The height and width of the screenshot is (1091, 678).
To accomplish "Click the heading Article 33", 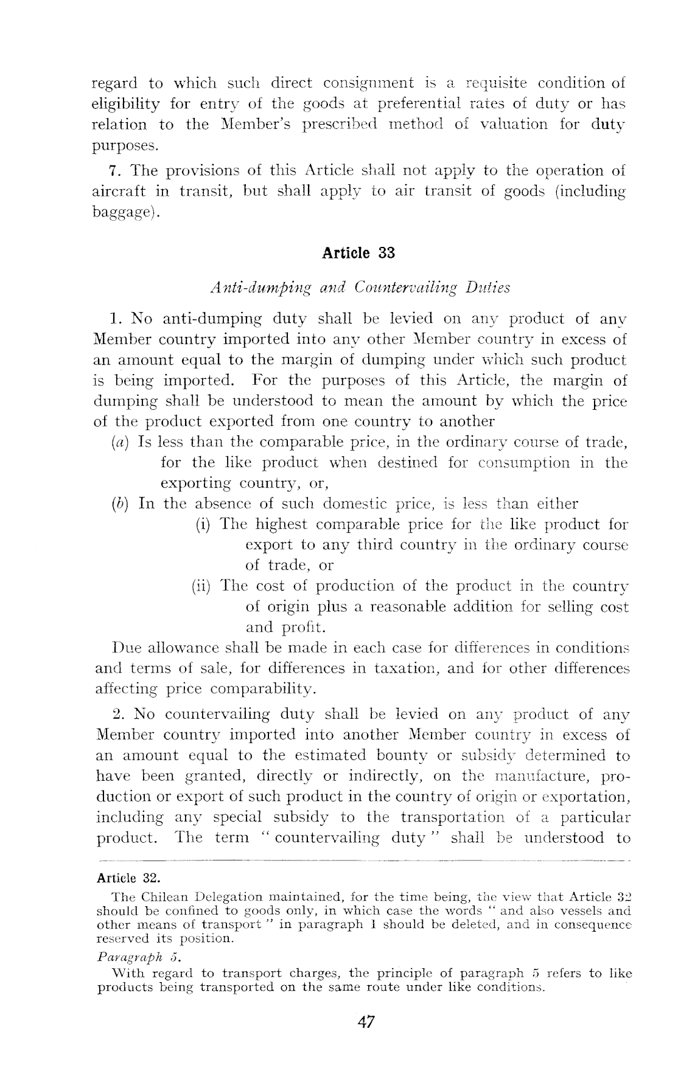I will point(358,252).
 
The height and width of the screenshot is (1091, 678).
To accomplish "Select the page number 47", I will point(365,1022).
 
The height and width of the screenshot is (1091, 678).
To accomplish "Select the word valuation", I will point(515,125).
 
